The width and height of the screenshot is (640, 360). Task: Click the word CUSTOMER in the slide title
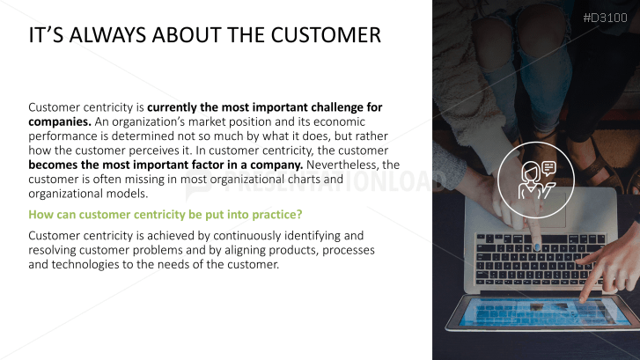(x=326, y=34)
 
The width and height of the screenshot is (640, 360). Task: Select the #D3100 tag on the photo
(x=606, y=18)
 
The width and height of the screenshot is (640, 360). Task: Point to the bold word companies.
(x=60, y=122)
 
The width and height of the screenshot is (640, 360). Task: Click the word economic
(x=339, y=121)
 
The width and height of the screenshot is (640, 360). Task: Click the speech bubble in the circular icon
(x=549, y=168)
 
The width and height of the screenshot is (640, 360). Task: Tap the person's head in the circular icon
(x=531, y=171)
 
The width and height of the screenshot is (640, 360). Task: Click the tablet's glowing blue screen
(x=544, y=312)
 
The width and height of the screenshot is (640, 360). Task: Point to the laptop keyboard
(x=539, y=260)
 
